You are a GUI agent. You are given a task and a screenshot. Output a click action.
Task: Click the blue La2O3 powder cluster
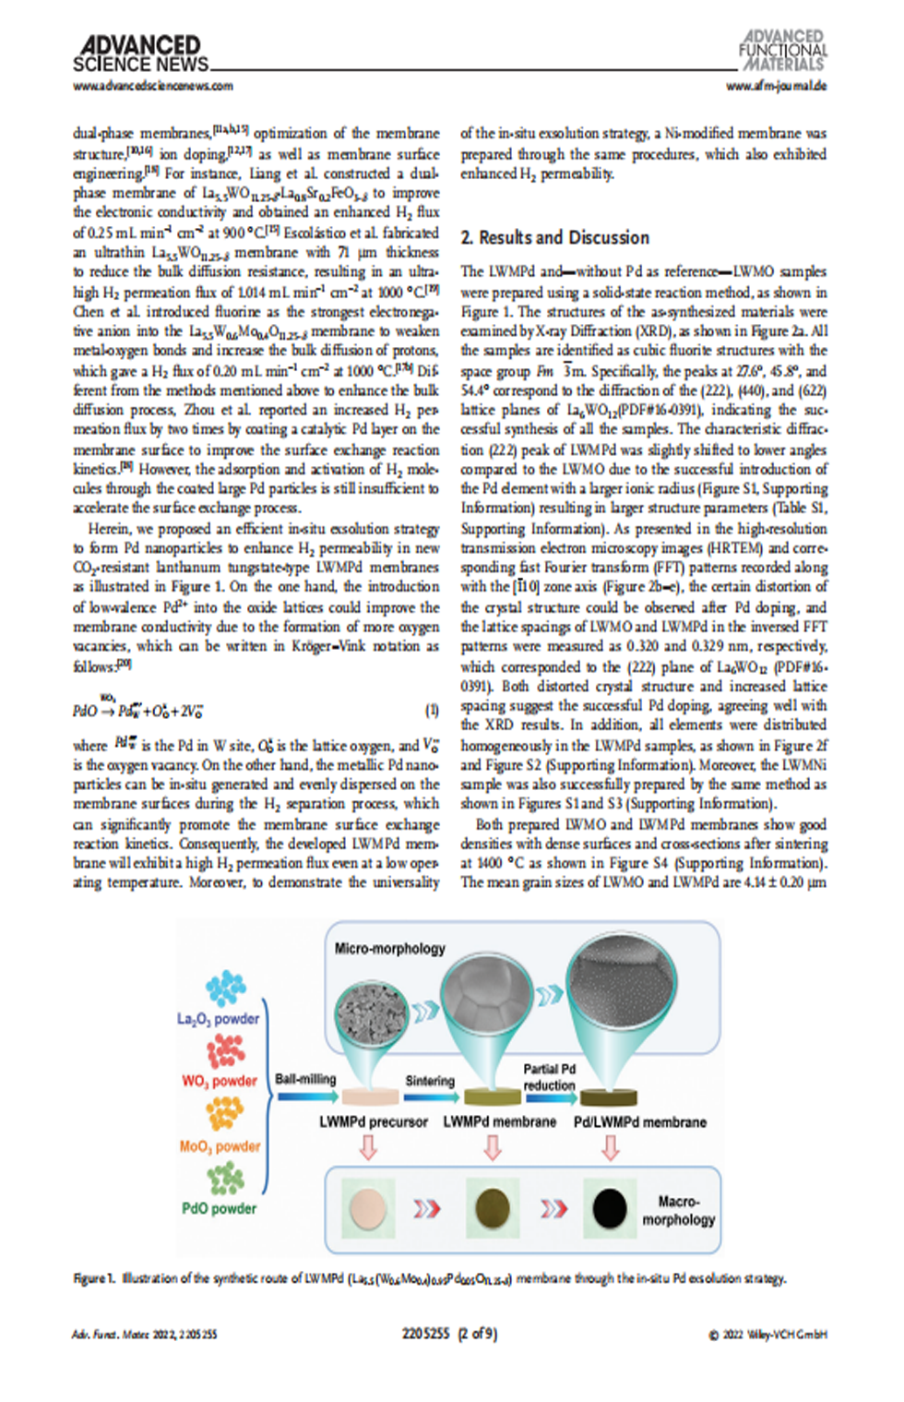coord(225,989)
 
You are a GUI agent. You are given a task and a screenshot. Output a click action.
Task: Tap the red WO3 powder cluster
coord(225,1050)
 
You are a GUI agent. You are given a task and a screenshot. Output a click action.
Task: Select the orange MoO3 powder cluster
coord(225,1113)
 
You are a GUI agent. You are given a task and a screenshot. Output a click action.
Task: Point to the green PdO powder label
coord(219,1208)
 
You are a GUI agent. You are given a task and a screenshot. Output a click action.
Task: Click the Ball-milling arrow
coord(307,1096)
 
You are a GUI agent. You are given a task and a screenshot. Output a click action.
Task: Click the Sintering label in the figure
coord(430,1081)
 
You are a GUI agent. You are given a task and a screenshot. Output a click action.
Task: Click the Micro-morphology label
coord(389,949)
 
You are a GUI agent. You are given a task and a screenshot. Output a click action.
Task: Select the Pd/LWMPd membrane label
coord(639,1122)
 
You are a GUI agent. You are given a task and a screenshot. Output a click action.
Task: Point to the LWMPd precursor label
coord(374,1122)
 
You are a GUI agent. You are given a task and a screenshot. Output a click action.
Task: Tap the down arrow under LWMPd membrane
coord(493,1148)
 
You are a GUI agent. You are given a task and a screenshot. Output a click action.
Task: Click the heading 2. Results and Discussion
coord(554,238)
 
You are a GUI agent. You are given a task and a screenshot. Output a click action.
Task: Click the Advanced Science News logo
coord(140,54)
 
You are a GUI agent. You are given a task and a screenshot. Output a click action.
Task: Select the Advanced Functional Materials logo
coord(782,51)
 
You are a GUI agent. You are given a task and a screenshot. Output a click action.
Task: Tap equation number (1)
coord(432,710)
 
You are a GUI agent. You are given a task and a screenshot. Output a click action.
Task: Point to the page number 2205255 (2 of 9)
coord(449,1334)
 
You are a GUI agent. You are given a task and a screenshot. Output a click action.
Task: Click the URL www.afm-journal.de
coord(776,86)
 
